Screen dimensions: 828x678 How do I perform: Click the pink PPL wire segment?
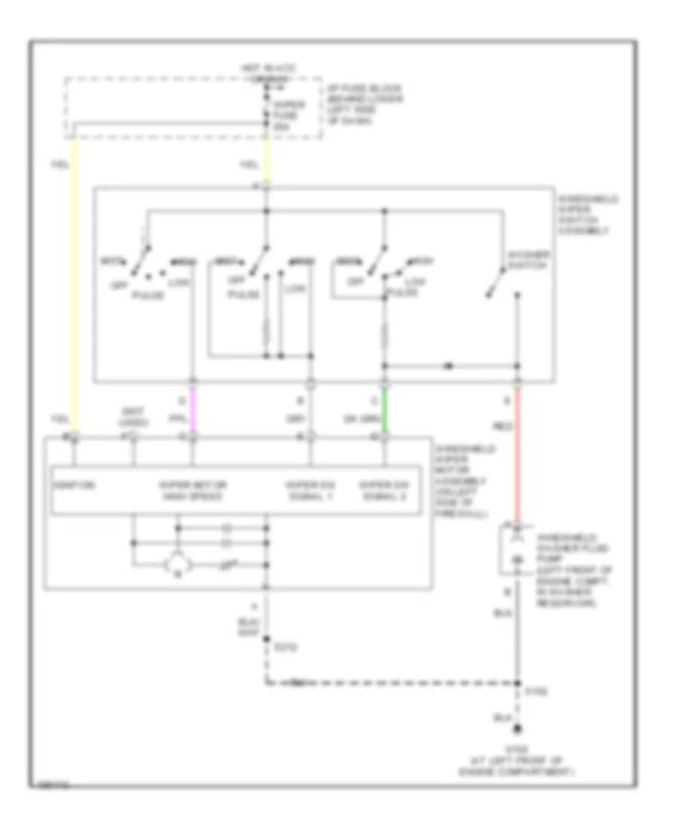click(193, 409)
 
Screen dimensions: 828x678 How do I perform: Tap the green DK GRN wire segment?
click(385, 409)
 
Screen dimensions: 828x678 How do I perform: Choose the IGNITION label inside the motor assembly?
click(74, 486)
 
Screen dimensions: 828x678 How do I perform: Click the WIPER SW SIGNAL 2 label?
click(385, 490)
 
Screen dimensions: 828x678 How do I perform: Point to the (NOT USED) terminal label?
click(133, 416)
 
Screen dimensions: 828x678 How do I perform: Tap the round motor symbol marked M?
click(179, 563)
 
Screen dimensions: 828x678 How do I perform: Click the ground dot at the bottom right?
click(518, 729)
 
